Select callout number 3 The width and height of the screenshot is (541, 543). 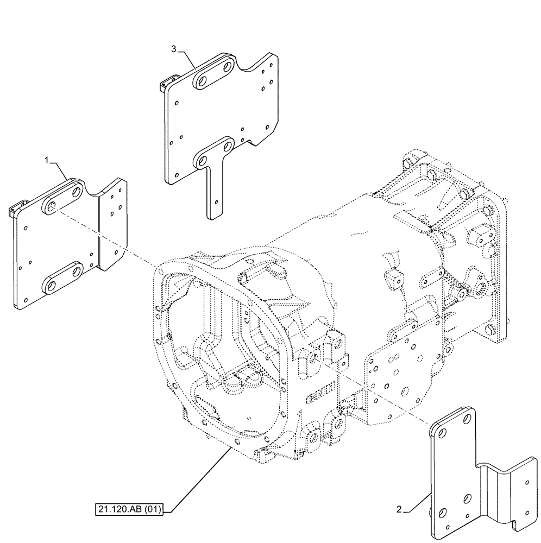(173, 49)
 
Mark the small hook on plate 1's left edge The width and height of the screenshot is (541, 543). (16, 208)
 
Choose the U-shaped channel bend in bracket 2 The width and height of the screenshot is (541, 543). (492, 478)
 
